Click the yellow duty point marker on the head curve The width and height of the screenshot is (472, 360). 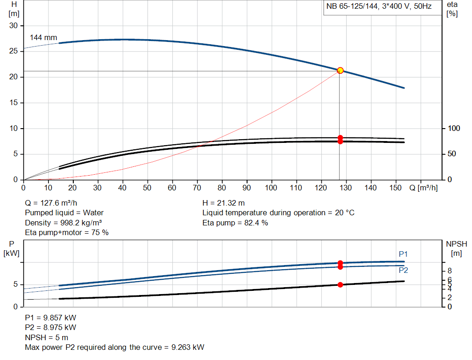coord(340,71)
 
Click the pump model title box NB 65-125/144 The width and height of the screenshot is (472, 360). coord(379,7)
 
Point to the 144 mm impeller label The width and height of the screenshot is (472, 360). coord(43,37)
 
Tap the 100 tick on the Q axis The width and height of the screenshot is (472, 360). coord(271,188)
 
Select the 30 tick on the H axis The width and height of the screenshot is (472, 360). coord(13,26)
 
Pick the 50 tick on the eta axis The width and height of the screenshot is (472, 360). coord(452,153)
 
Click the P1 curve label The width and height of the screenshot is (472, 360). coord(403,254)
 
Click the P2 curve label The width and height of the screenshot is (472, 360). coord(403,270)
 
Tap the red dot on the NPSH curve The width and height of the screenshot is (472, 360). coord(340,285)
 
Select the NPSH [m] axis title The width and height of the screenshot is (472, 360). coord(455,248)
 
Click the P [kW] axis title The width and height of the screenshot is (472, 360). coord(11,248)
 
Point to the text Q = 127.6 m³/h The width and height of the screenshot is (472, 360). coord(51,203)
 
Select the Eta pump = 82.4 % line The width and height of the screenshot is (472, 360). coord(235,223)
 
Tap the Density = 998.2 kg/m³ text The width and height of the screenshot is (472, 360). coord(63,223)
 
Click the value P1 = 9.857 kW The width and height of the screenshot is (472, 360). coord(51,318)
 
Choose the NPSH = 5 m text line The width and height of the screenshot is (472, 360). coord(47,337)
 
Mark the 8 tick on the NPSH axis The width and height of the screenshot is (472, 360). coord(450,271)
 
